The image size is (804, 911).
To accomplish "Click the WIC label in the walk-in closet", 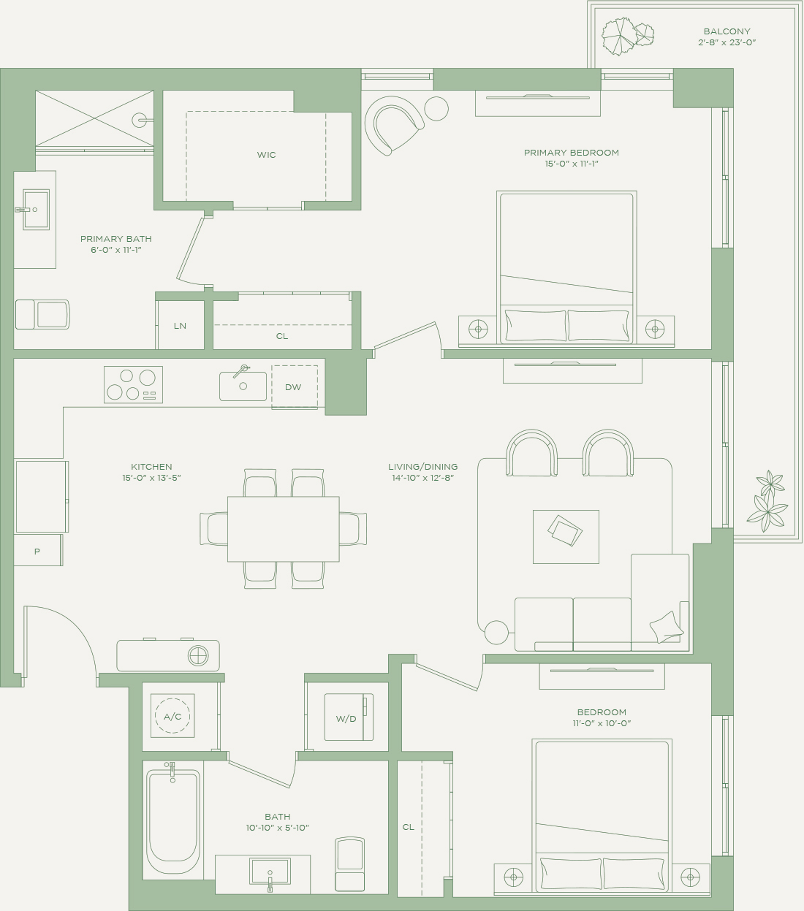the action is click(x=266, y=155).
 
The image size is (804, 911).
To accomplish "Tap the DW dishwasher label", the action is click(x=293, y=386).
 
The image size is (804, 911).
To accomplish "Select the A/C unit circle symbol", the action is click(x=172, y=716).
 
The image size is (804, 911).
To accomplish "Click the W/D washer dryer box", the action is click(x=349, y=717).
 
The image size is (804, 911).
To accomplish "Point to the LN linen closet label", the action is click(x=180, y=326).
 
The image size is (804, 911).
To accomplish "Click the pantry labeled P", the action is click(x=38, y=550).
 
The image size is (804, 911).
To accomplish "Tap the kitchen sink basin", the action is click(x=243, y=386).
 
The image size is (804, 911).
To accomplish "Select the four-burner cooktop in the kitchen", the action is click(x=133, y=384).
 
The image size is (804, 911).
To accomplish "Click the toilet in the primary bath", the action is click(x=42, y=314).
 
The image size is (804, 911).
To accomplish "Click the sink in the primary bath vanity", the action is click(x=36, y=210).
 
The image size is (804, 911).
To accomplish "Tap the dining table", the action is click(x=284, y=529).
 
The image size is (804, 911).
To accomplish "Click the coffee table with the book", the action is click(x=566, y=536).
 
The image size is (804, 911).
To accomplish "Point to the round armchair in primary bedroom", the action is click(x=394, y=125).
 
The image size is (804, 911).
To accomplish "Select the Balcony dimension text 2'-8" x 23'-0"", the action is click(x=727, y=42).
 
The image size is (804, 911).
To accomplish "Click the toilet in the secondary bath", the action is click(x=349, y=864).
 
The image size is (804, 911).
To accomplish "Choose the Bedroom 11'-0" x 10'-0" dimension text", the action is click(x=602, y=723).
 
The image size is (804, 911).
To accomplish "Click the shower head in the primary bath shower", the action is click(x=140, y=120).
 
